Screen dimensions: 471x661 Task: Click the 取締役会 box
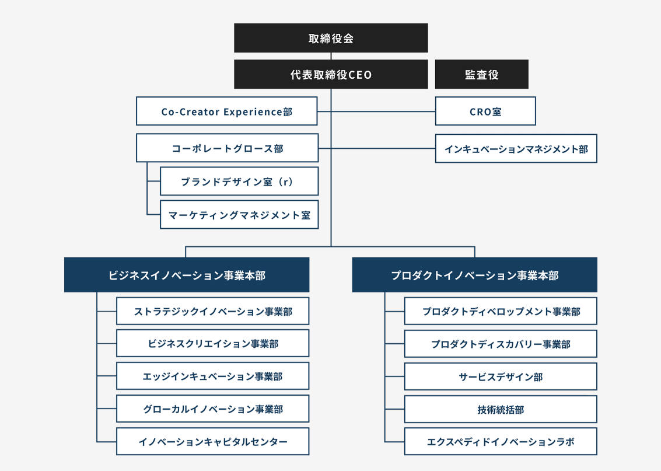click(x=331, y=39)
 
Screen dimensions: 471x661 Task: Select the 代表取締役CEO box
click(x=331, y=75)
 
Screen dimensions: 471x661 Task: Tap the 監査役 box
click(x=482, y=75)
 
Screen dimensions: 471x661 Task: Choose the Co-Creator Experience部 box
click(x=227, y=111)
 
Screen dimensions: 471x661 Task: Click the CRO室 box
click(x=485, y=111)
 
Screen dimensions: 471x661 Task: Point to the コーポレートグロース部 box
click(x=228, y=148)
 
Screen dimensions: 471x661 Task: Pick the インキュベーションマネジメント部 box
click(x=516, y=149)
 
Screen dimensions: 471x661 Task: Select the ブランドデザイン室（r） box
click(x=239, y=182)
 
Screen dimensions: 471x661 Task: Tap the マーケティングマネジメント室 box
click(x=239, y=215)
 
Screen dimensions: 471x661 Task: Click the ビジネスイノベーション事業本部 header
click(x=187, y=275)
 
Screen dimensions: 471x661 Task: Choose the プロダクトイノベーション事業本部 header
click(x=474, y=275)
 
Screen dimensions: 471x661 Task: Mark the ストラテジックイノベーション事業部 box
click(x=213, y=311)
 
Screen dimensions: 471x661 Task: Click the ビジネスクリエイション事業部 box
click(x=213, y=344)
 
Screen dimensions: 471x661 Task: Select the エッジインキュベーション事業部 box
click(x=213, y=376)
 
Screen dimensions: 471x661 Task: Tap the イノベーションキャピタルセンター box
click(x=213, y=442)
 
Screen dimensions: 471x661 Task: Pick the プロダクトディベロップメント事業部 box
click(x=501, y=311)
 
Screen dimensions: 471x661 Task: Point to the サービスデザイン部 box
click(x=501, y=376)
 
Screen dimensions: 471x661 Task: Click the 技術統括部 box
click(x=501, y=409)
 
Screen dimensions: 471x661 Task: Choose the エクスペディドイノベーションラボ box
click(x=501, y=442)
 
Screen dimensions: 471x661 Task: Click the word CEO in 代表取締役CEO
click(x=360, y=75)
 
